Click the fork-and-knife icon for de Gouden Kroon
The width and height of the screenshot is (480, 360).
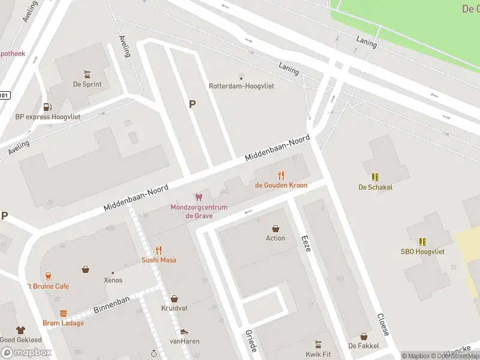[281, 175]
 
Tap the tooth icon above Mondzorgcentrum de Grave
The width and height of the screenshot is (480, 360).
[199, 197]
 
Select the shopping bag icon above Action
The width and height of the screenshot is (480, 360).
[275, 228]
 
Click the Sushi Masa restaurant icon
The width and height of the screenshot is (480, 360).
[159, 250]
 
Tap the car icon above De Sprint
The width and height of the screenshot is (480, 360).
[88, 74]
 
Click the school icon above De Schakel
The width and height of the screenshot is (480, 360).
[375, 177]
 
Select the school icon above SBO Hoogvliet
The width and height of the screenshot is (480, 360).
[422, 242]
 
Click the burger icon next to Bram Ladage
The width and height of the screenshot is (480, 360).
[63, 313]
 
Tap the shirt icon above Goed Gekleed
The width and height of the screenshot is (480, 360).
[20, 330]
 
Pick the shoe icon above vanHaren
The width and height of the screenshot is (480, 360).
[184, 331]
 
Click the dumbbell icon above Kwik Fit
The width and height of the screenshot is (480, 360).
[318, 344]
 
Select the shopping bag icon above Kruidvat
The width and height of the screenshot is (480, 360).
[174, 298]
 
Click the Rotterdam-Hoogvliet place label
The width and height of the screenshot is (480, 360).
[241, 86]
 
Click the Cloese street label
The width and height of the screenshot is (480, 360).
[382, 324]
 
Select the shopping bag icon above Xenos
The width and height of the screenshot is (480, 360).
[86, 269]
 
